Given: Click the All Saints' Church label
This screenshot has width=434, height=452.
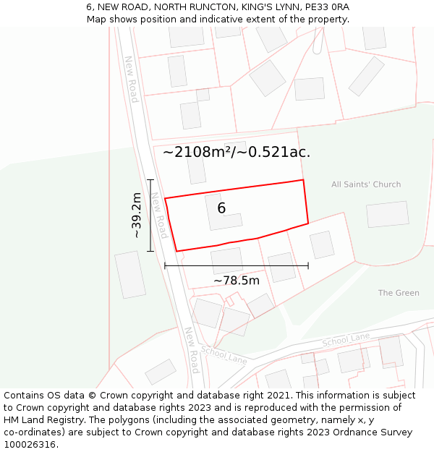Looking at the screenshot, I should [366, 184].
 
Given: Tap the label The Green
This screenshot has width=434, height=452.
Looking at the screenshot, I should [399, 293].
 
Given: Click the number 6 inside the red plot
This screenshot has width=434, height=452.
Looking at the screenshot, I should [221, 208].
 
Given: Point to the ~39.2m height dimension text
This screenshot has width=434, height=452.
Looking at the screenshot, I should [135, 215].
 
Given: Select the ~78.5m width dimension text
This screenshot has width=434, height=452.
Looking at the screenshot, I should [237, 281].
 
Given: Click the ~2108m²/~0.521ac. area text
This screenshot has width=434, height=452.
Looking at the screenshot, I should [237, 152].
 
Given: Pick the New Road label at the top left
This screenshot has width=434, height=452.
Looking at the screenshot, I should [131, 80].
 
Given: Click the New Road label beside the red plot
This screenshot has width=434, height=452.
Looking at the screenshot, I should [159, 215].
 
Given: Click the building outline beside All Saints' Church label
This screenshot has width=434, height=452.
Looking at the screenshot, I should [387, 215].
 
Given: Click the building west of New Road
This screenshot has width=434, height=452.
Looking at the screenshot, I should [130, 274].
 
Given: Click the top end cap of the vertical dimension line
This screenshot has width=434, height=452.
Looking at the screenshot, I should [150, 179].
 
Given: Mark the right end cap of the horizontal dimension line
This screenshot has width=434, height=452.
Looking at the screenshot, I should [308, 265].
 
